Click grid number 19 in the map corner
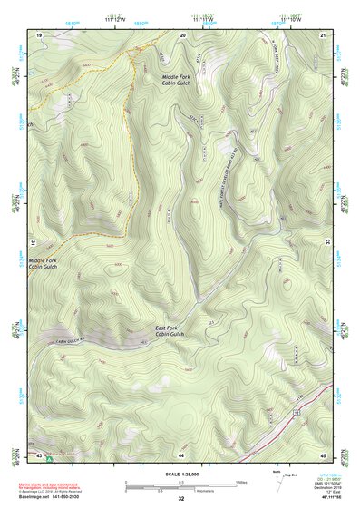coord(40,34)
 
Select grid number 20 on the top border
coord(182,34)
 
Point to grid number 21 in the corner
coord(324,34)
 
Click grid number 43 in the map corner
coord(40,453)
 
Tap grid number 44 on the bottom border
coord(182,453)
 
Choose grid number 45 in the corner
coord(324,453)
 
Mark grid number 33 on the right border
coord(326,244)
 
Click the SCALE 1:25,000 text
coord(181,475)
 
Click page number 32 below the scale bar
coord(181,499)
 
